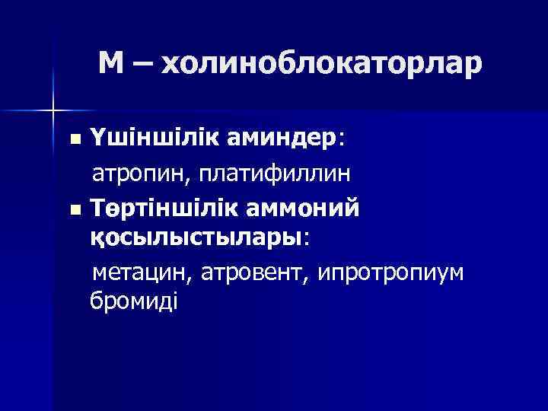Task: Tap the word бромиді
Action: (x=133, y=302)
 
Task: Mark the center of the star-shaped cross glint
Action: (x=53, y=111)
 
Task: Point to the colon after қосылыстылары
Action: (x=307, y=238)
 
